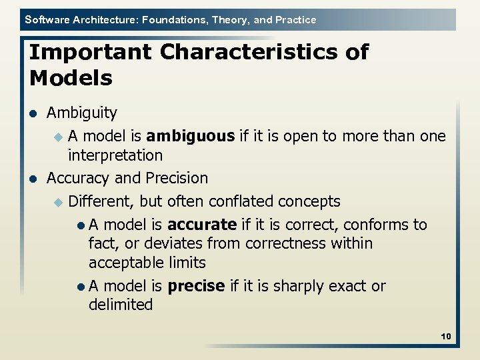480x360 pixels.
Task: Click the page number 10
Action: click(x=446, y=337)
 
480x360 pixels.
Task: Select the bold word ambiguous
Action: click(x=190, y=136)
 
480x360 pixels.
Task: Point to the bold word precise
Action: click(x=196, y=286)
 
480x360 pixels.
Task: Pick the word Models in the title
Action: click(x=71, y=78)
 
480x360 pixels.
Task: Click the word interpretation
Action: click(x=115, y=155)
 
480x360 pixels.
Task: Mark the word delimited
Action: click(x=121, y=305)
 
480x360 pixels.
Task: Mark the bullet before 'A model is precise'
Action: click(x=80, y=287)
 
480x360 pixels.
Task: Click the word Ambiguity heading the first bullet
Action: click(x=81, y=113)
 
